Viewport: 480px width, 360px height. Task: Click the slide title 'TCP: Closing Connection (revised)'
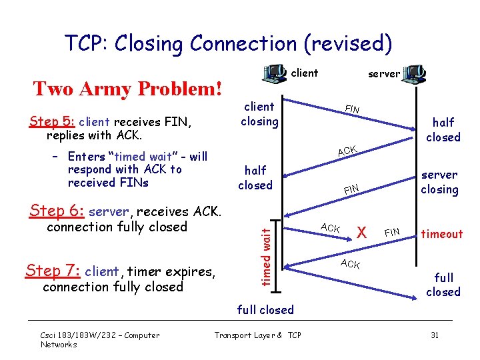[x=228, y=43]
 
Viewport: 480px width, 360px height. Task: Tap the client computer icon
[x=273, y=73]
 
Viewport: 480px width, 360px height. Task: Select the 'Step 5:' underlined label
[x=53, y=122]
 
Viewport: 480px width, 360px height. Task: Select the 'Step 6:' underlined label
[x=57, y=211]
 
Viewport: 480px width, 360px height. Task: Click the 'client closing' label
[x=259, y=113]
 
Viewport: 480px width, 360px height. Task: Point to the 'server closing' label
[x=439, y=182]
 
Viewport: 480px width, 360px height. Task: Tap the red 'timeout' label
[x=441, y=234]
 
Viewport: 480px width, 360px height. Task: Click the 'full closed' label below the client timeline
[x=265, y=310]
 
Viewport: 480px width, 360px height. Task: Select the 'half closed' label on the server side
[x=443, y=129]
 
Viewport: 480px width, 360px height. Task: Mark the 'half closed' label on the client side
[x=255, y=177]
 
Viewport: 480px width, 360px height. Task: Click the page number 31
[x=434, y=335]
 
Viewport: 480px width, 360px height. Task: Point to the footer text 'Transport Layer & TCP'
[x=257, y=335]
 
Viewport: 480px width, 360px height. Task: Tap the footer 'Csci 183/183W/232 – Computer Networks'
[x=100, y=339]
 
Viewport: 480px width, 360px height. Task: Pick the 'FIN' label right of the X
[x=392, y=232]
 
